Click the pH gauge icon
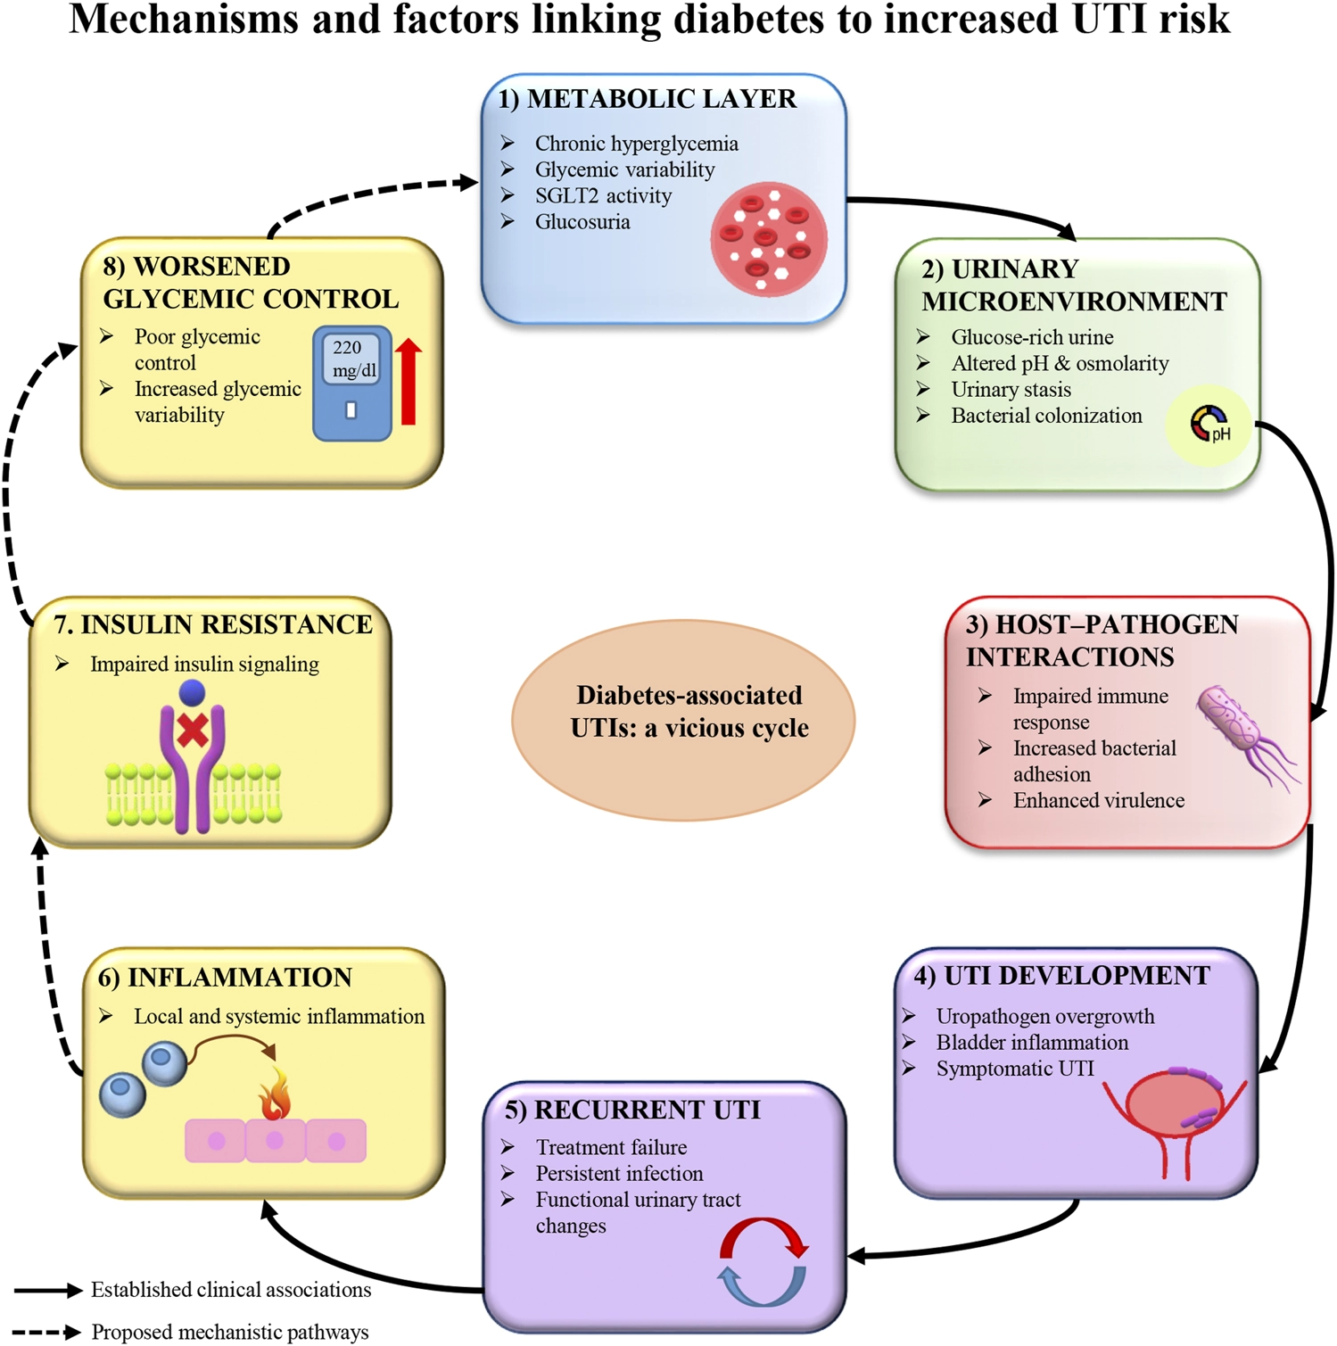click(x=1209, y=424)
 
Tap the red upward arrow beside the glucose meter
click(x=409, y=381)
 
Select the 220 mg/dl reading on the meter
click(x=353, y=359)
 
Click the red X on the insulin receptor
click(x=193, y=731)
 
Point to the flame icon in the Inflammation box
click(x=275, y=1093)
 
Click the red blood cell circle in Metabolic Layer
click(x=769, y=239)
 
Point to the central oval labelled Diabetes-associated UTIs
click(x=683, y=719)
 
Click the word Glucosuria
click(x=582, y=222)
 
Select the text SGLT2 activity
click(x=603, y=196)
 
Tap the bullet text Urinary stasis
click(x=1011, y=390)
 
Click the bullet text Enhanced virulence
click(x=1099, y=800)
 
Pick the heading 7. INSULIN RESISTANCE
click(x=213, y=624)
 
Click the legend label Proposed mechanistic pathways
click(x=230, y=1332)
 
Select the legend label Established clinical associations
click(x=231, y=1290)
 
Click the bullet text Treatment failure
click(x=611, y=1147)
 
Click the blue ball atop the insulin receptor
click(x=192, y=692)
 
